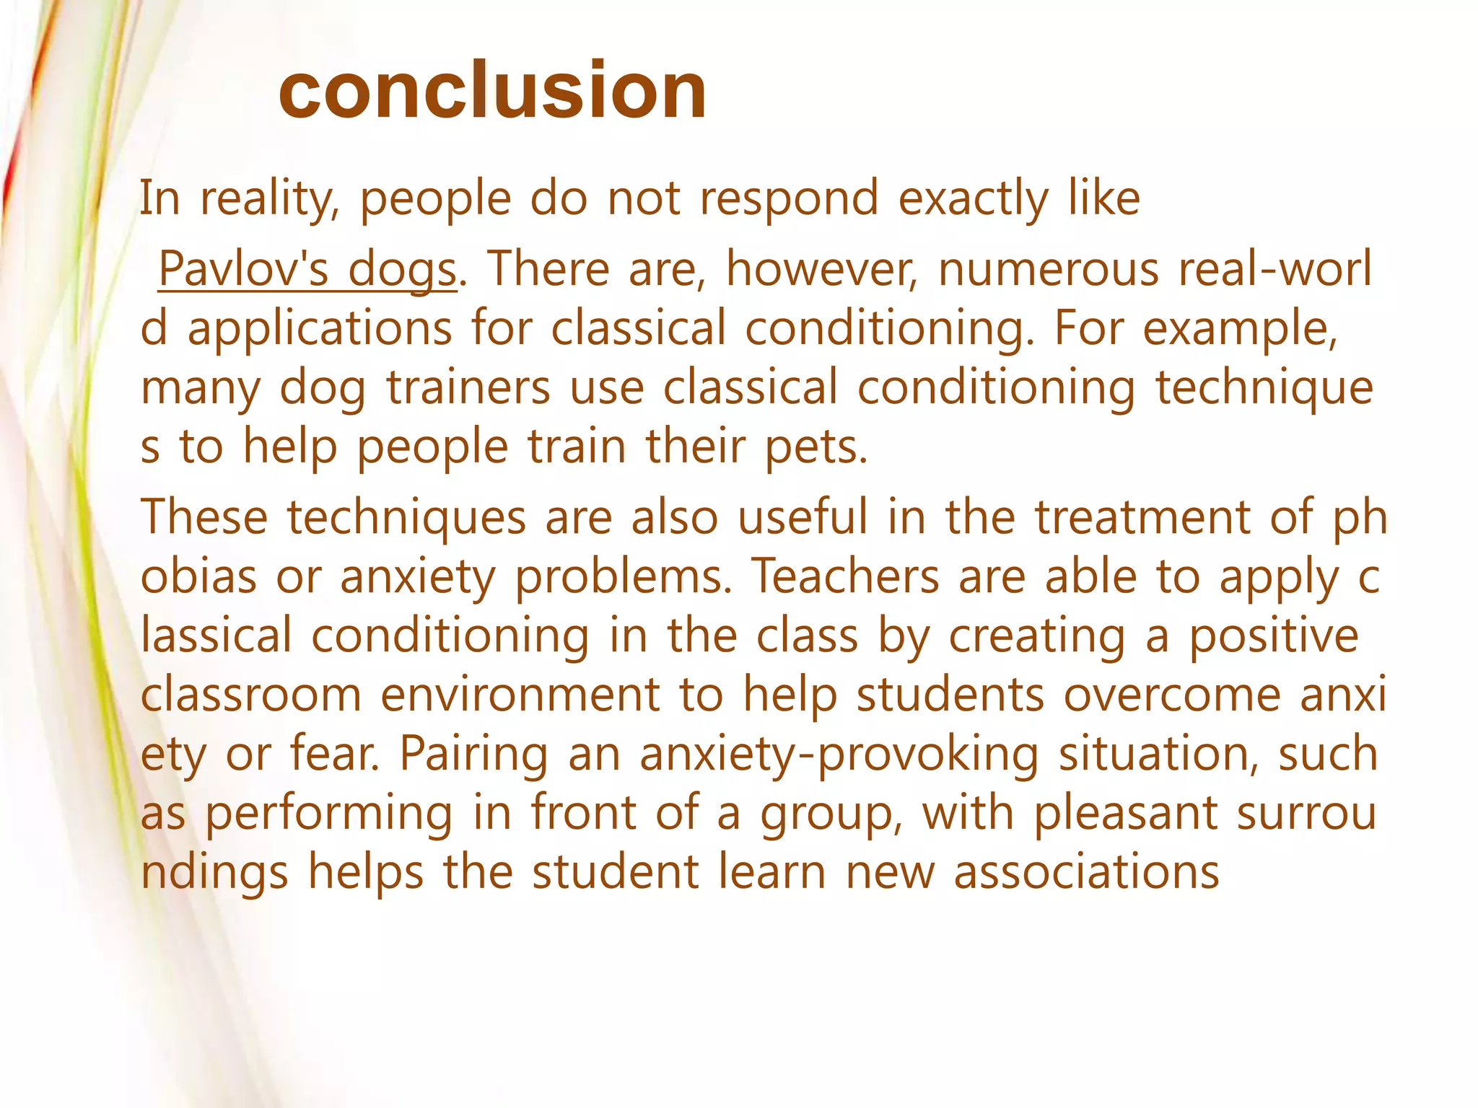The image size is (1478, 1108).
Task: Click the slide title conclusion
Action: tap(492, 91)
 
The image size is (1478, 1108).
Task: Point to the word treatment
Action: tap(1142, 518)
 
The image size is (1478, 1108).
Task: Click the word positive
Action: tap(1274, 636)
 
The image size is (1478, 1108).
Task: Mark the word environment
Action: tap(520, 695)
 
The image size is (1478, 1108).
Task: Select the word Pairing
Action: tap(474, 755)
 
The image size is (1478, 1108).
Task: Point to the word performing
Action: tap(330, 814)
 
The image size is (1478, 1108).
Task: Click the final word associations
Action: tap(1087, 873)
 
